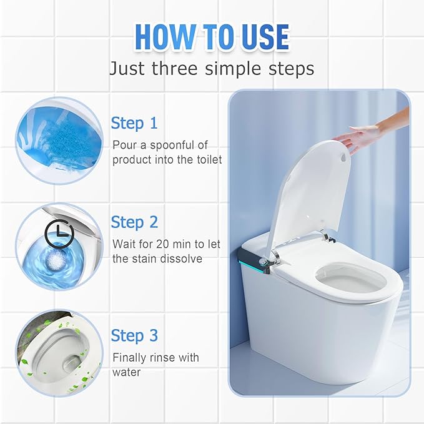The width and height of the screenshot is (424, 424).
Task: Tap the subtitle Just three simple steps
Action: pyautogui.click(x=212, y=67)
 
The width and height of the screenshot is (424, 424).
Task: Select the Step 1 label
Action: pyautogui.click(x=134, y=123)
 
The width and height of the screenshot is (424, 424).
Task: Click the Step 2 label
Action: pyautogui.click(x=134, y=222)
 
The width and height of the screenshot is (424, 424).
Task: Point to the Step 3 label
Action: pyautogui.click(x=134, y=335)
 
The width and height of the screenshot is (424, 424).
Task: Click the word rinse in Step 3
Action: pyautogui.click(x=160, y=357)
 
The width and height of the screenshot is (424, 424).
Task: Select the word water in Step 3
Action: pyautogui.click(x=127, y=372)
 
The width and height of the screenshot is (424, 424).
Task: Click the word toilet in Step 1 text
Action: pyautogui.click(x=205, y=160)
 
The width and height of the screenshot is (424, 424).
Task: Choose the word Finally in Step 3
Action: pyautogui.click(x=129, y=357)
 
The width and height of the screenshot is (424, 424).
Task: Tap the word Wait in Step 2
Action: pyautogui.click(x=124, y=244)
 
